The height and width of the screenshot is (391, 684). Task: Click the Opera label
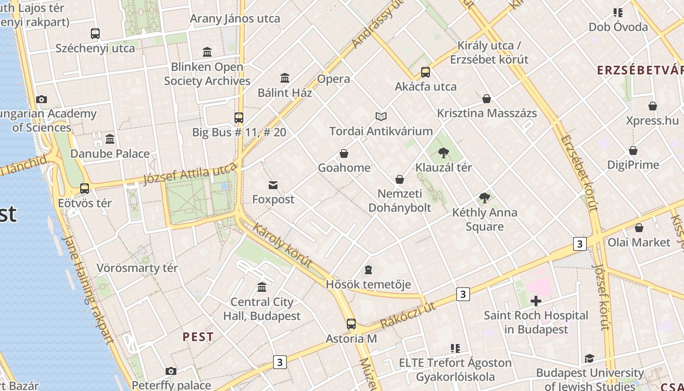point(334,79)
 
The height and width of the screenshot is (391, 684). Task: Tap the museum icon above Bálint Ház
point(285,78)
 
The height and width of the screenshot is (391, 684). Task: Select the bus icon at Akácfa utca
point(426,72)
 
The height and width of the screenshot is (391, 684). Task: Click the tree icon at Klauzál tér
point(444,153)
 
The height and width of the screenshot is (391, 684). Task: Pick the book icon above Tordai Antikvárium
point(381,116)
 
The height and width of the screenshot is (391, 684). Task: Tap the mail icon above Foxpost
point(273,185)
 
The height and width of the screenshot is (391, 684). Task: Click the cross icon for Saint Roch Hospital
point(536,301)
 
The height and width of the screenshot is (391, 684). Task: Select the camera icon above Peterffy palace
point(171,371)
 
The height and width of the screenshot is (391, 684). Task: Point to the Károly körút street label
point(282,245)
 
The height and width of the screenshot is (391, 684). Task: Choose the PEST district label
point(198,337)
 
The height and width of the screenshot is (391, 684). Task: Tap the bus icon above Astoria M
point(351,324)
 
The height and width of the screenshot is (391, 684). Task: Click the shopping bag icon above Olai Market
point(639,228)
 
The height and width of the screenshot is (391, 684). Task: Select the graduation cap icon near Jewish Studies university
point(589,359)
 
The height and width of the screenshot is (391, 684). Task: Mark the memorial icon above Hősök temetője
point(368,270)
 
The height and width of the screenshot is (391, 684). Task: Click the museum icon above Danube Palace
point(110,139)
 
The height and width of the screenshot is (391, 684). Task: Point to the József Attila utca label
point(190,174)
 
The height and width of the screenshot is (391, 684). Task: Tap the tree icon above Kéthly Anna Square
point(485,198)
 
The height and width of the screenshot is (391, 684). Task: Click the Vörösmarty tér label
point(137,268)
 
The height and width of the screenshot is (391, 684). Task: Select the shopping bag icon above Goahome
point(344,153)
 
